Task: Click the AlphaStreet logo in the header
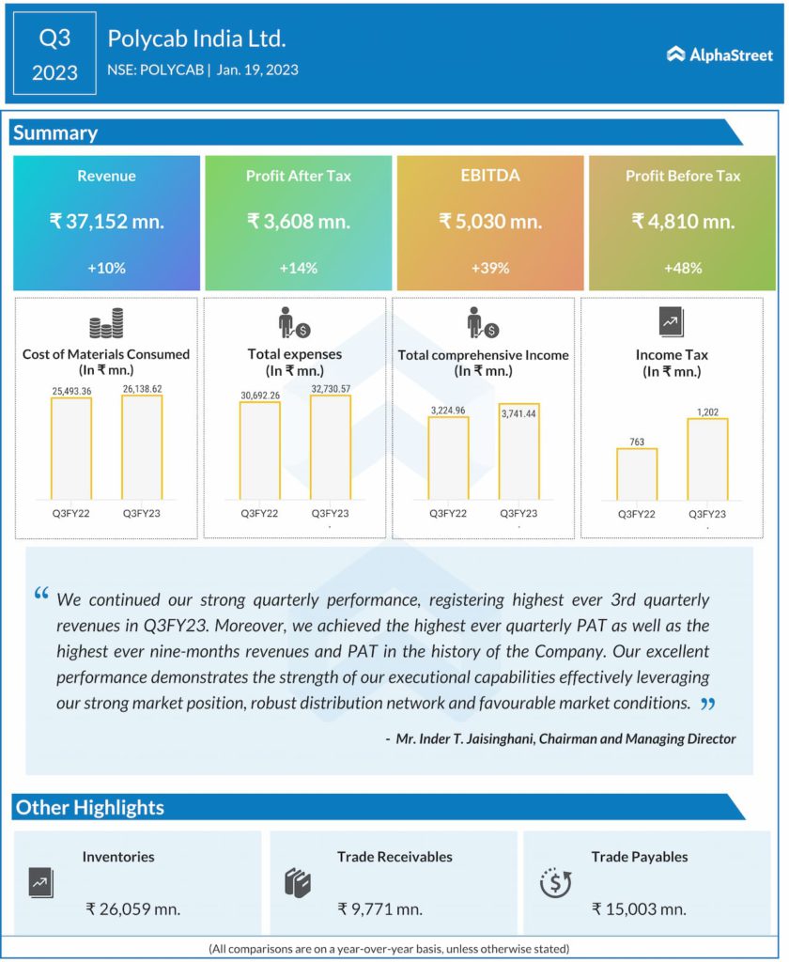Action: point(719,54)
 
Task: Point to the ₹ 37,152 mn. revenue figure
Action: point(106,222)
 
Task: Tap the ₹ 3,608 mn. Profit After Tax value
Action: point(298,222)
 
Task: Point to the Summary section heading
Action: point(55,132)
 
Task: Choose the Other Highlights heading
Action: point(90,807)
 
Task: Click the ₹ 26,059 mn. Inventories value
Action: point(132,908)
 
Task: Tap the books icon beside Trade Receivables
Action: point(297,883)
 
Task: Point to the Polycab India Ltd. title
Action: point(196,39)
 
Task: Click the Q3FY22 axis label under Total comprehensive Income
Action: point(448,514)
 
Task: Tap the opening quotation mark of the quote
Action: point(41,595)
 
